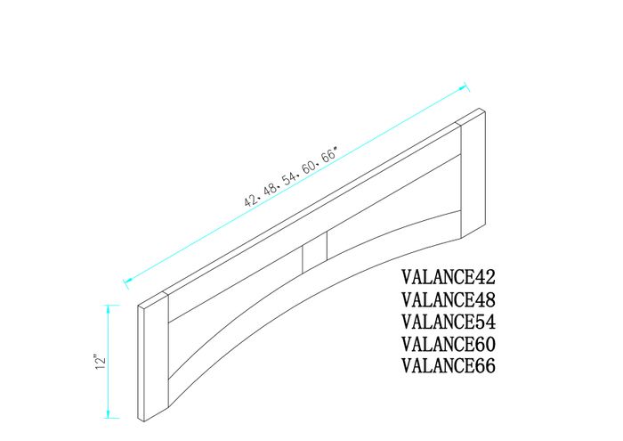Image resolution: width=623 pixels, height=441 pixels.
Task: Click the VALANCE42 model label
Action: (449, 277)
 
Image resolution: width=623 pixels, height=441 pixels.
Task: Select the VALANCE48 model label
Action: (449, 299)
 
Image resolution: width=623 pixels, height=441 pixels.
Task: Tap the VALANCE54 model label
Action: (449, 322)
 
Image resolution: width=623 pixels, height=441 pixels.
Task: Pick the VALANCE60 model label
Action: (449, 344)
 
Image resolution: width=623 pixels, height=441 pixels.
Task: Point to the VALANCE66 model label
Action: (449, 366)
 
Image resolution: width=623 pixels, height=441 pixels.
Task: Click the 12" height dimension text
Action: (101, 361)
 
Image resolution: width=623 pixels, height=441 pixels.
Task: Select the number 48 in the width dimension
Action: (272, 187)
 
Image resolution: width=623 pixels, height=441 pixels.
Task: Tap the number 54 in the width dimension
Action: (292, 176)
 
